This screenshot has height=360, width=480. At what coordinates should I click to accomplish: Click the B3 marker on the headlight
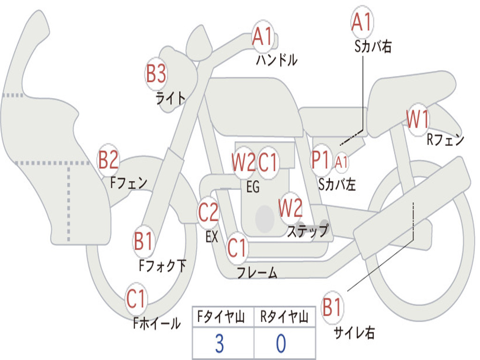(x=156, y=74)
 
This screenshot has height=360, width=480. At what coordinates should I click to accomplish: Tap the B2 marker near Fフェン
(x=108, y=160)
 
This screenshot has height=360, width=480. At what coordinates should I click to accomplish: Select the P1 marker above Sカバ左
(x=321, y=160)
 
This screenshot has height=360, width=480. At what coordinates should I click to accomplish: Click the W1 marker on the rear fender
(x=418, y=120)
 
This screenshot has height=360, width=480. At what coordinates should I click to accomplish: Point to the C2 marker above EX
(x=208, y=212)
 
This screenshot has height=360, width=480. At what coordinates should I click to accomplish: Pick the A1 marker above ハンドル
(x=262, y=37)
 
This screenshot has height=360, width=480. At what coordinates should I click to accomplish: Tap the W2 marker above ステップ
(x=290, y=208)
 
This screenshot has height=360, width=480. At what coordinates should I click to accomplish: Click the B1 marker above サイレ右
(x=332, y=307)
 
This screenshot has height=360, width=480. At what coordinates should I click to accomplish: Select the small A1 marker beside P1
(x=341, y=162)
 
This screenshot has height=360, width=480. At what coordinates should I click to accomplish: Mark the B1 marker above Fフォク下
(x=143, y=241)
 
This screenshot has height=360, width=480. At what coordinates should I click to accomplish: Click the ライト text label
(x=171, y=98)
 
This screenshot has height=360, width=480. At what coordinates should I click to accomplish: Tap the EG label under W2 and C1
(x=253, y=187)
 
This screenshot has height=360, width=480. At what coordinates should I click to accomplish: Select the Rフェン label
(x=445, y=140)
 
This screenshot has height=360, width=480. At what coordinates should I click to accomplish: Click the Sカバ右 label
(x=373, y=46)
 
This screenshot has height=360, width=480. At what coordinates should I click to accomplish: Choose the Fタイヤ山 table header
(x=221, y=317)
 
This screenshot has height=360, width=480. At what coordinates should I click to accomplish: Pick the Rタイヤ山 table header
(x=285, y=317)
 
